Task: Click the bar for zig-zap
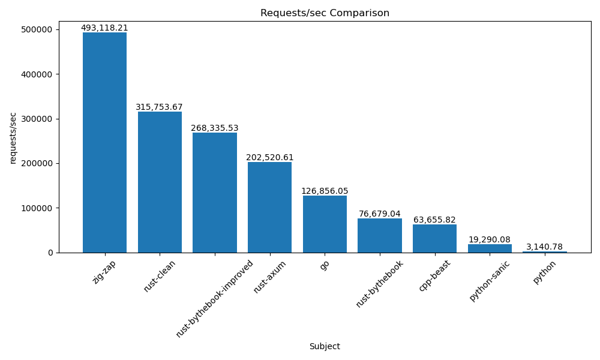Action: point(104,142)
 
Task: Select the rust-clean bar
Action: point(160,182)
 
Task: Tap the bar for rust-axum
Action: point(269,207)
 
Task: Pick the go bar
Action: point(325,224)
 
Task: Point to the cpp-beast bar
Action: point(434,238)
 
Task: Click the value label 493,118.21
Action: point(104,28)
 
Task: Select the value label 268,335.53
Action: point(215,128)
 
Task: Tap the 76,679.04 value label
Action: point(380,214)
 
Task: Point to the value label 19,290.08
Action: point(490,239)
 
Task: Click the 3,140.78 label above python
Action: point(545,247)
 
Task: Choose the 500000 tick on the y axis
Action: point(37,29)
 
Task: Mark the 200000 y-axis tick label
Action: point(37,163)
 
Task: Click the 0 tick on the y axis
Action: point(50,253)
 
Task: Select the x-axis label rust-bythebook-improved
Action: point(215,298)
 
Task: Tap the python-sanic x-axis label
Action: point(490,280)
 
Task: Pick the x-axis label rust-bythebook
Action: point(380,284)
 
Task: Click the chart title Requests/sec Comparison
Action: point(325,13)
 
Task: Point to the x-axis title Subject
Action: point(325,346)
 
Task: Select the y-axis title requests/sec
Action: point(13,137)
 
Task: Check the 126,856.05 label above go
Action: point(325,191)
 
